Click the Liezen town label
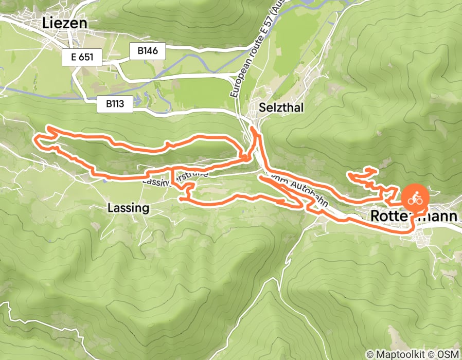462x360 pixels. [x=65, y=23]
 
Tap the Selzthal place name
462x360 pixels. [x=282, y=107]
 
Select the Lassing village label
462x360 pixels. [x=129, y=208]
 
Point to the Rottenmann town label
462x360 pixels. [x=413, y=217]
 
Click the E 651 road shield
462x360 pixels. [x=82, y=57]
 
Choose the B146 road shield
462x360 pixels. [x=147, y=51]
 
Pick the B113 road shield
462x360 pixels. [x=115, y=104]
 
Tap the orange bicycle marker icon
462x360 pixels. [x=415, y=198]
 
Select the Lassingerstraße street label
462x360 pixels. [x=175, y=177]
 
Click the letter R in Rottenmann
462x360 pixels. [x=375, y=217]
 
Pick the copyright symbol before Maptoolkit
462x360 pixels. [x=369, y=354]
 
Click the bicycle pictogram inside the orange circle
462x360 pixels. [x=415, y=198]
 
